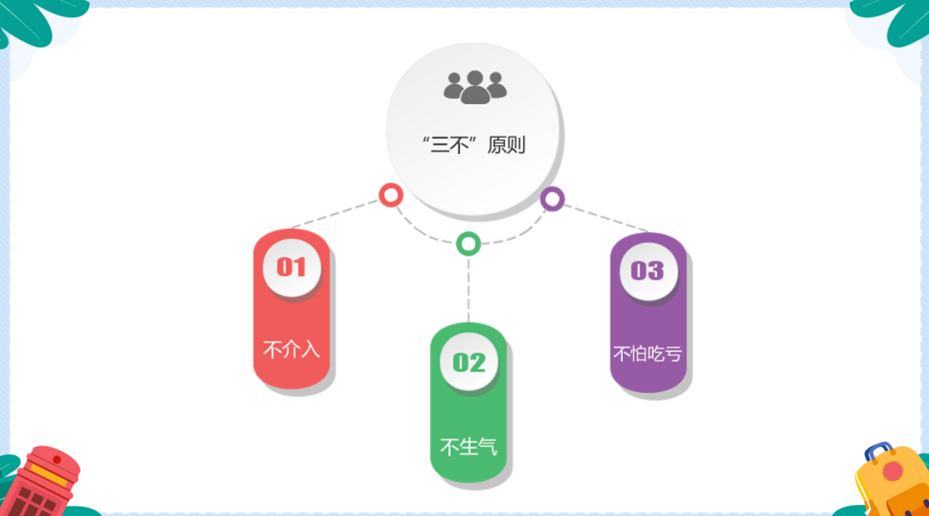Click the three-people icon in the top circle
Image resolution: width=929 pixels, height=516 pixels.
point(475,86)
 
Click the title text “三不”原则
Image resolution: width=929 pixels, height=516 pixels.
point(474,144)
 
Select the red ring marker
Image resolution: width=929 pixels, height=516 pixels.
point(391,194)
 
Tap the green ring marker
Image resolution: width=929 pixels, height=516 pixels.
point(468,243)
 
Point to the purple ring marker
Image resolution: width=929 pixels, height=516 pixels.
point(552,199)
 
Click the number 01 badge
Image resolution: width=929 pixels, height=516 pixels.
point(292,267)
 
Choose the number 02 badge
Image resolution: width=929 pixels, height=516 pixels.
point(469,362)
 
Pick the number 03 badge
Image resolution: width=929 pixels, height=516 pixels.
point(648,271)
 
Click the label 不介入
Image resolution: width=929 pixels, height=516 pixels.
point(292,350)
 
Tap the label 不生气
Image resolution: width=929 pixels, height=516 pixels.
point(469,447)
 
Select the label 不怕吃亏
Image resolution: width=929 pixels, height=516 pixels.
point(648,353)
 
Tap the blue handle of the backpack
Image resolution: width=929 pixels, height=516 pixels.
point(877,451)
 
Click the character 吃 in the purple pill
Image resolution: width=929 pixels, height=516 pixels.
point(656,353)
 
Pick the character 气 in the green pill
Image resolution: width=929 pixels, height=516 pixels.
point(489,447)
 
